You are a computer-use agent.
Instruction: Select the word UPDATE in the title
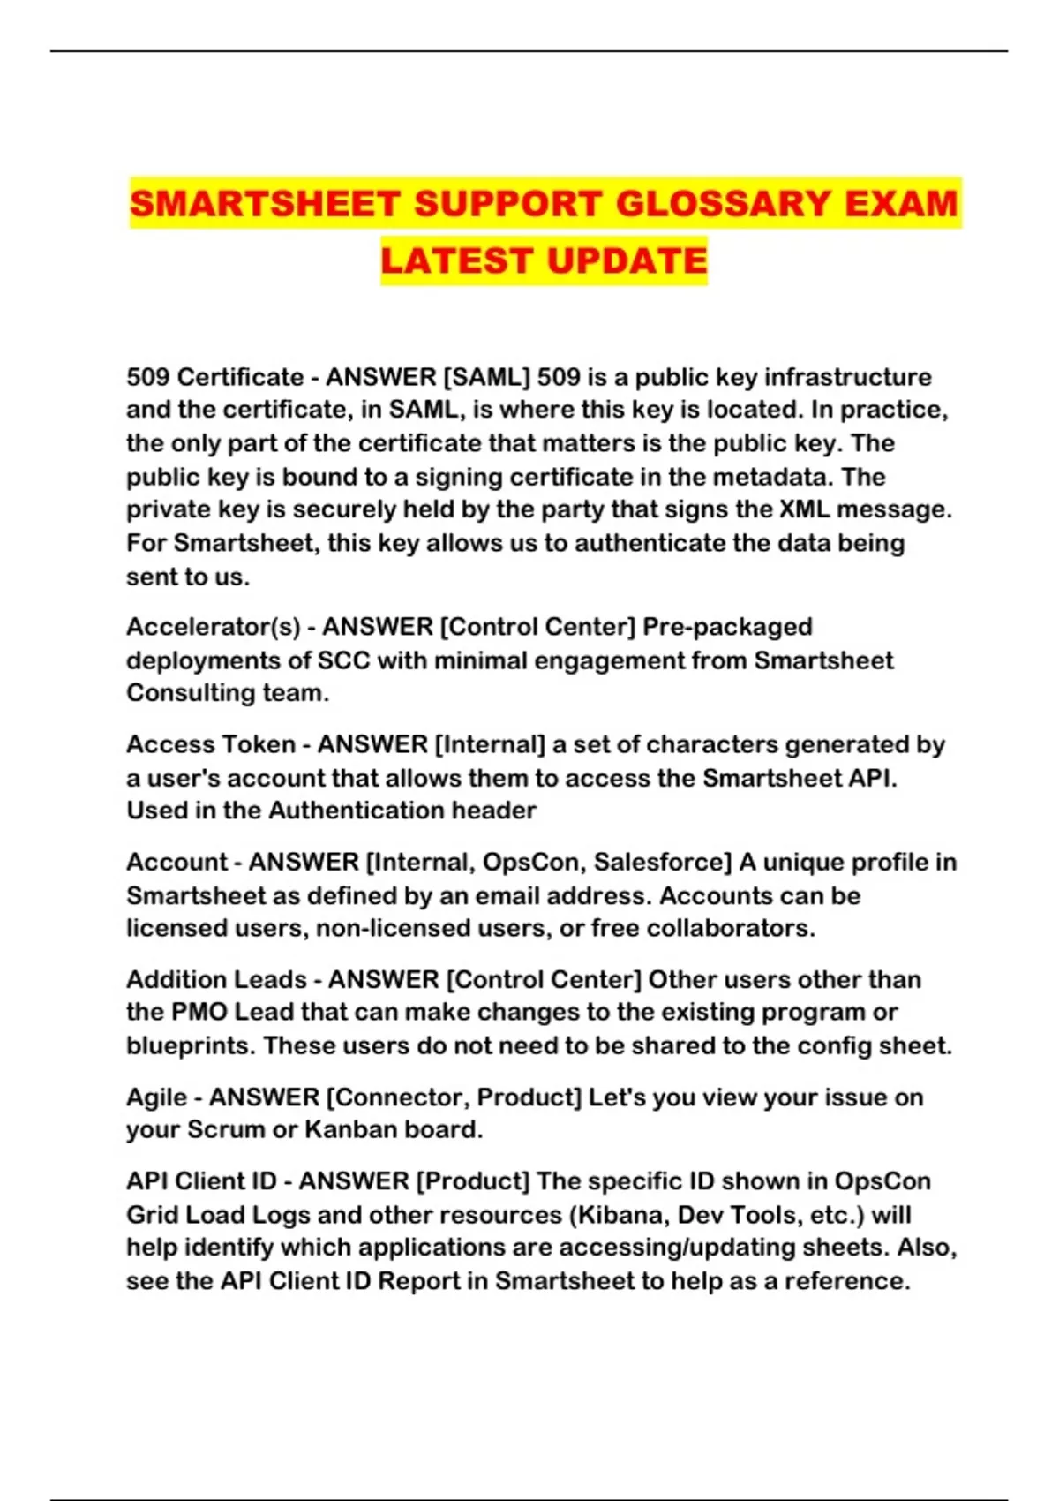point(627,261)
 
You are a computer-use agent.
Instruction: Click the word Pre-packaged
point(727,627)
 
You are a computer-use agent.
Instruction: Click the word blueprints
point(191,1045)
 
